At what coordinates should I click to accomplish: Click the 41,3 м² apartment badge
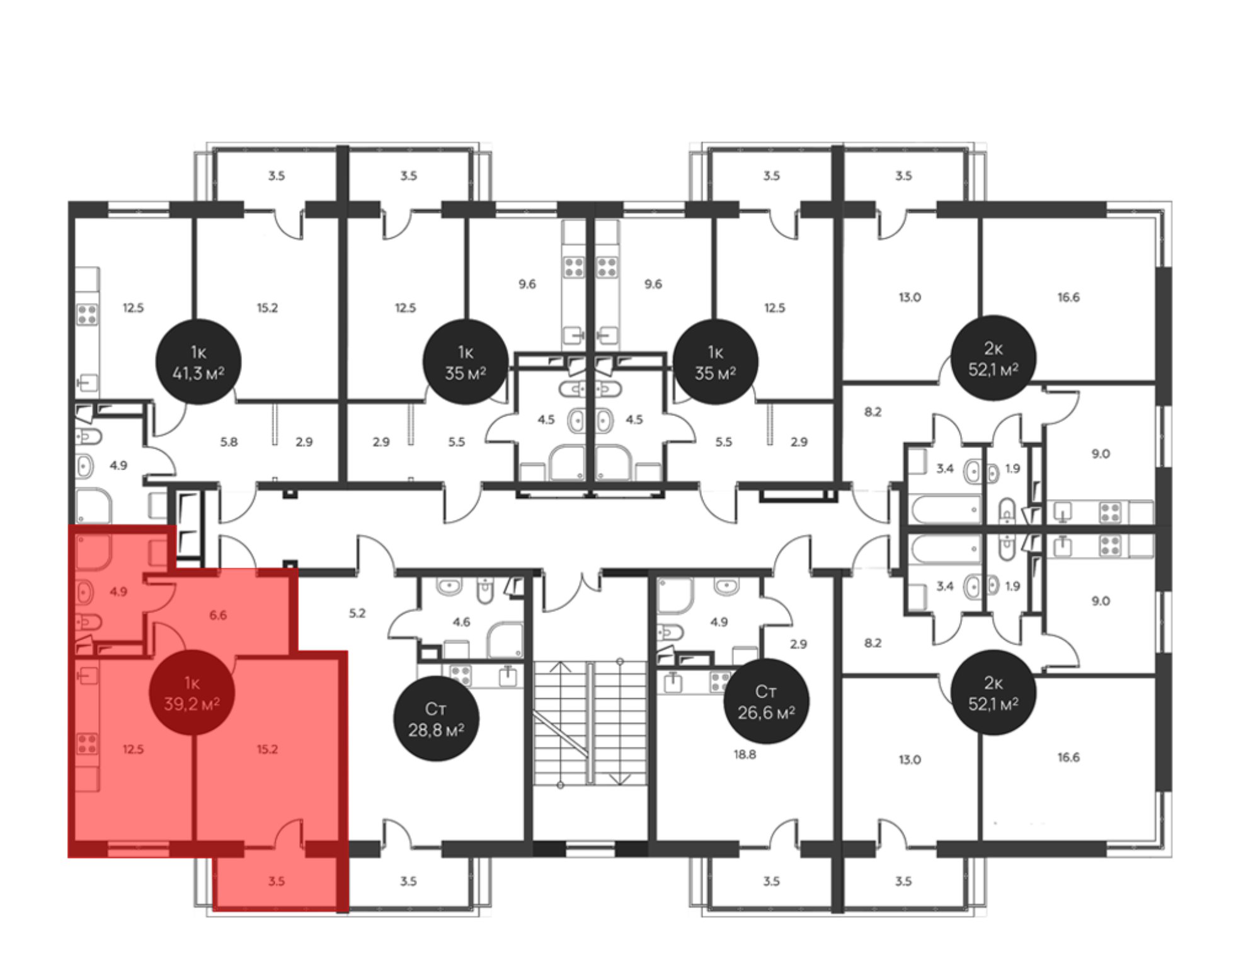pos(198,362)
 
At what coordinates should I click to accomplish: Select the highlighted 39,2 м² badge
pos(192,693)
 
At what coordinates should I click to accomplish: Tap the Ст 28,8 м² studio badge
pos(436,718)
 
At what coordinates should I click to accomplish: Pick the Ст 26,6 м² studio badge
pos(766,701)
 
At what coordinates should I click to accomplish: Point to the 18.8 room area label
pos(745,754)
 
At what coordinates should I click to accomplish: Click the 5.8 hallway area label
pos(229,442)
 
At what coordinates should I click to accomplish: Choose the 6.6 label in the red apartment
pos(218,615)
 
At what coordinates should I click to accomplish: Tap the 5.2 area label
pos(357,613)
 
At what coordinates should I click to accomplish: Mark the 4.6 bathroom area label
pos(462,622)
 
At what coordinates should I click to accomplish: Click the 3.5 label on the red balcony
pos(277,881)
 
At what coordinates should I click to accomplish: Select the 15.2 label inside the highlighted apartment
pos(267,749)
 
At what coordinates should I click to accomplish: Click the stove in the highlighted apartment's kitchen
pos(88,744)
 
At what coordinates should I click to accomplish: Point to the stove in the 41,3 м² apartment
pos(88,314)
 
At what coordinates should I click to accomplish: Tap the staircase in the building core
pos(590,723)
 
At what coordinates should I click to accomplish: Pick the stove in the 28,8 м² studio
pos(461,675)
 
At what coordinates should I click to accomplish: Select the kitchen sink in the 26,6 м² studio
pos(673,681)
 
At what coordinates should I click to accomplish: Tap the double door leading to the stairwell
pos(571,592)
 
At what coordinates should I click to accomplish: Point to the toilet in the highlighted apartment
pos(88,623)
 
